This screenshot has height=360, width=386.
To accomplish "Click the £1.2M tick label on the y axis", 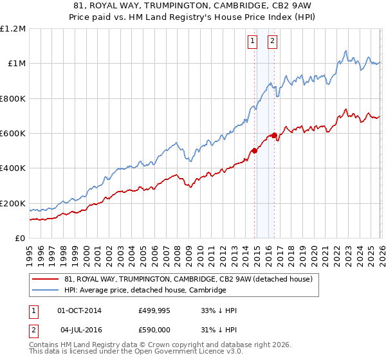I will click(x=13, y=28).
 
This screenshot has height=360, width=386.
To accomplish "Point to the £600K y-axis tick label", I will click(x=13, y=134).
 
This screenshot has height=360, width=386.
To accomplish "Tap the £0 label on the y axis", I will click(x=21, y=239).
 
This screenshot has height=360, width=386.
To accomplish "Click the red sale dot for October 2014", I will click(x=254, y=151).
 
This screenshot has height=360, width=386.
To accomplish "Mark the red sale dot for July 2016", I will click(x=274, y=135).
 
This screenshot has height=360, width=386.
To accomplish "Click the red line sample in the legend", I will click(x=46, y=279).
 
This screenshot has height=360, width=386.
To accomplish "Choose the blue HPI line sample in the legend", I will click(x=46, y=290).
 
